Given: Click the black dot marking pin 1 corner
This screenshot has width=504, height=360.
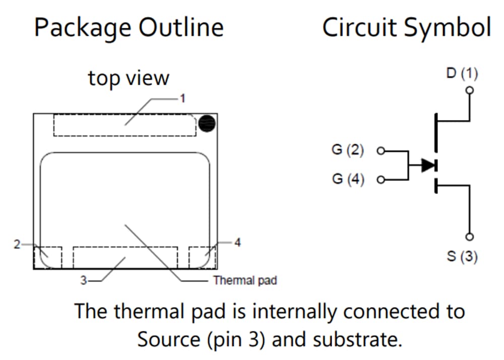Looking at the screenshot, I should pos(207,124).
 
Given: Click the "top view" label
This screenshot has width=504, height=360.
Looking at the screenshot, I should pos(129,78).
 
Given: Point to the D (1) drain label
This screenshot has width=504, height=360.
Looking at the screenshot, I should pos(462,74).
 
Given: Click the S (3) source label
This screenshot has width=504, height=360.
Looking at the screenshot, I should pos(462,257).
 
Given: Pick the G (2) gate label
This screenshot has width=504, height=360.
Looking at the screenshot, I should pos(348,150).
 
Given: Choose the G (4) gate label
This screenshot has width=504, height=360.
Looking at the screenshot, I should pos(348,179).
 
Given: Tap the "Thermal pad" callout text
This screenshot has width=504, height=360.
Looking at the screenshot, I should pos(245,280).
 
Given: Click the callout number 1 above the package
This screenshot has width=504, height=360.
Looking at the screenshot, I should pos(182,99).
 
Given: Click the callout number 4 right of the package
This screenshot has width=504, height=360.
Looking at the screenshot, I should pos(237,243).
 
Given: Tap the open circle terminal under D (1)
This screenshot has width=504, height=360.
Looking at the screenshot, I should pos(470,90).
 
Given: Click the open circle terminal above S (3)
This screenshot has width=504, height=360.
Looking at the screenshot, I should pos(470,237).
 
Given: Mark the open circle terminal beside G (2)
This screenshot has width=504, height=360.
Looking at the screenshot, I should pos(381,150).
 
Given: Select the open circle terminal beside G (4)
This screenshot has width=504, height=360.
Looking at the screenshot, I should pos(381,179).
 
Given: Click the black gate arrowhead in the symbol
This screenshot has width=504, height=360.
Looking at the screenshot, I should pos(428,165).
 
